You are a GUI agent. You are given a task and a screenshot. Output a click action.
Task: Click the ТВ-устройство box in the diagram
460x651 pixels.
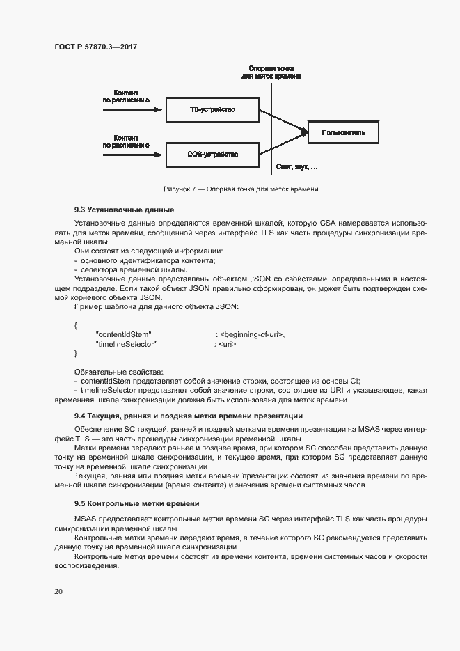coord(212,110)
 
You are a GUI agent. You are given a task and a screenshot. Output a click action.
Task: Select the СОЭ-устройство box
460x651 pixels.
coord(212,154)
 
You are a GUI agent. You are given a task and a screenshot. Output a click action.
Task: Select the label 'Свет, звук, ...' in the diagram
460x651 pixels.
coord(296,168)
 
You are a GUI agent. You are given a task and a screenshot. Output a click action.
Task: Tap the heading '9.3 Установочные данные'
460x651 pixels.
coord(124,210)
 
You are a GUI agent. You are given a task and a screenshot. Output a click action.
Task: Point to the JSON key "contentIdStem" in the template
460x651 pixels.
coord(123,334)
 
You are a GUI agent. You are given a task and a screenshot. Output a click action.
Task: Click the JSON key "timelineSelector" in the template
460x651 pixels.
coord(126,344)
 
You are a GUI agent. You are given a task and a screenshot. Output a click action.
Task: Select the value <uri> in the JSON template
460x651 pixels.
coord(228,344)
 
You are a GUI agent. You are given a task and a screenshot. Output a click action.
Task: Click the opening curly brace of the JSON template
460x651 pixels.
coord(76,325)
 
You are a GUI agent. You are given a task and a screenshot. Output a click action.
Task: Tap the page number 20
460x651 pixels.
coord(58,592)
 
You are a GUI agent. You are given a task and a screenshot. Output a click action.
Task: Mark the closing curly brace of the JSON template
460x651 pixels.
coord(76,354)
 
